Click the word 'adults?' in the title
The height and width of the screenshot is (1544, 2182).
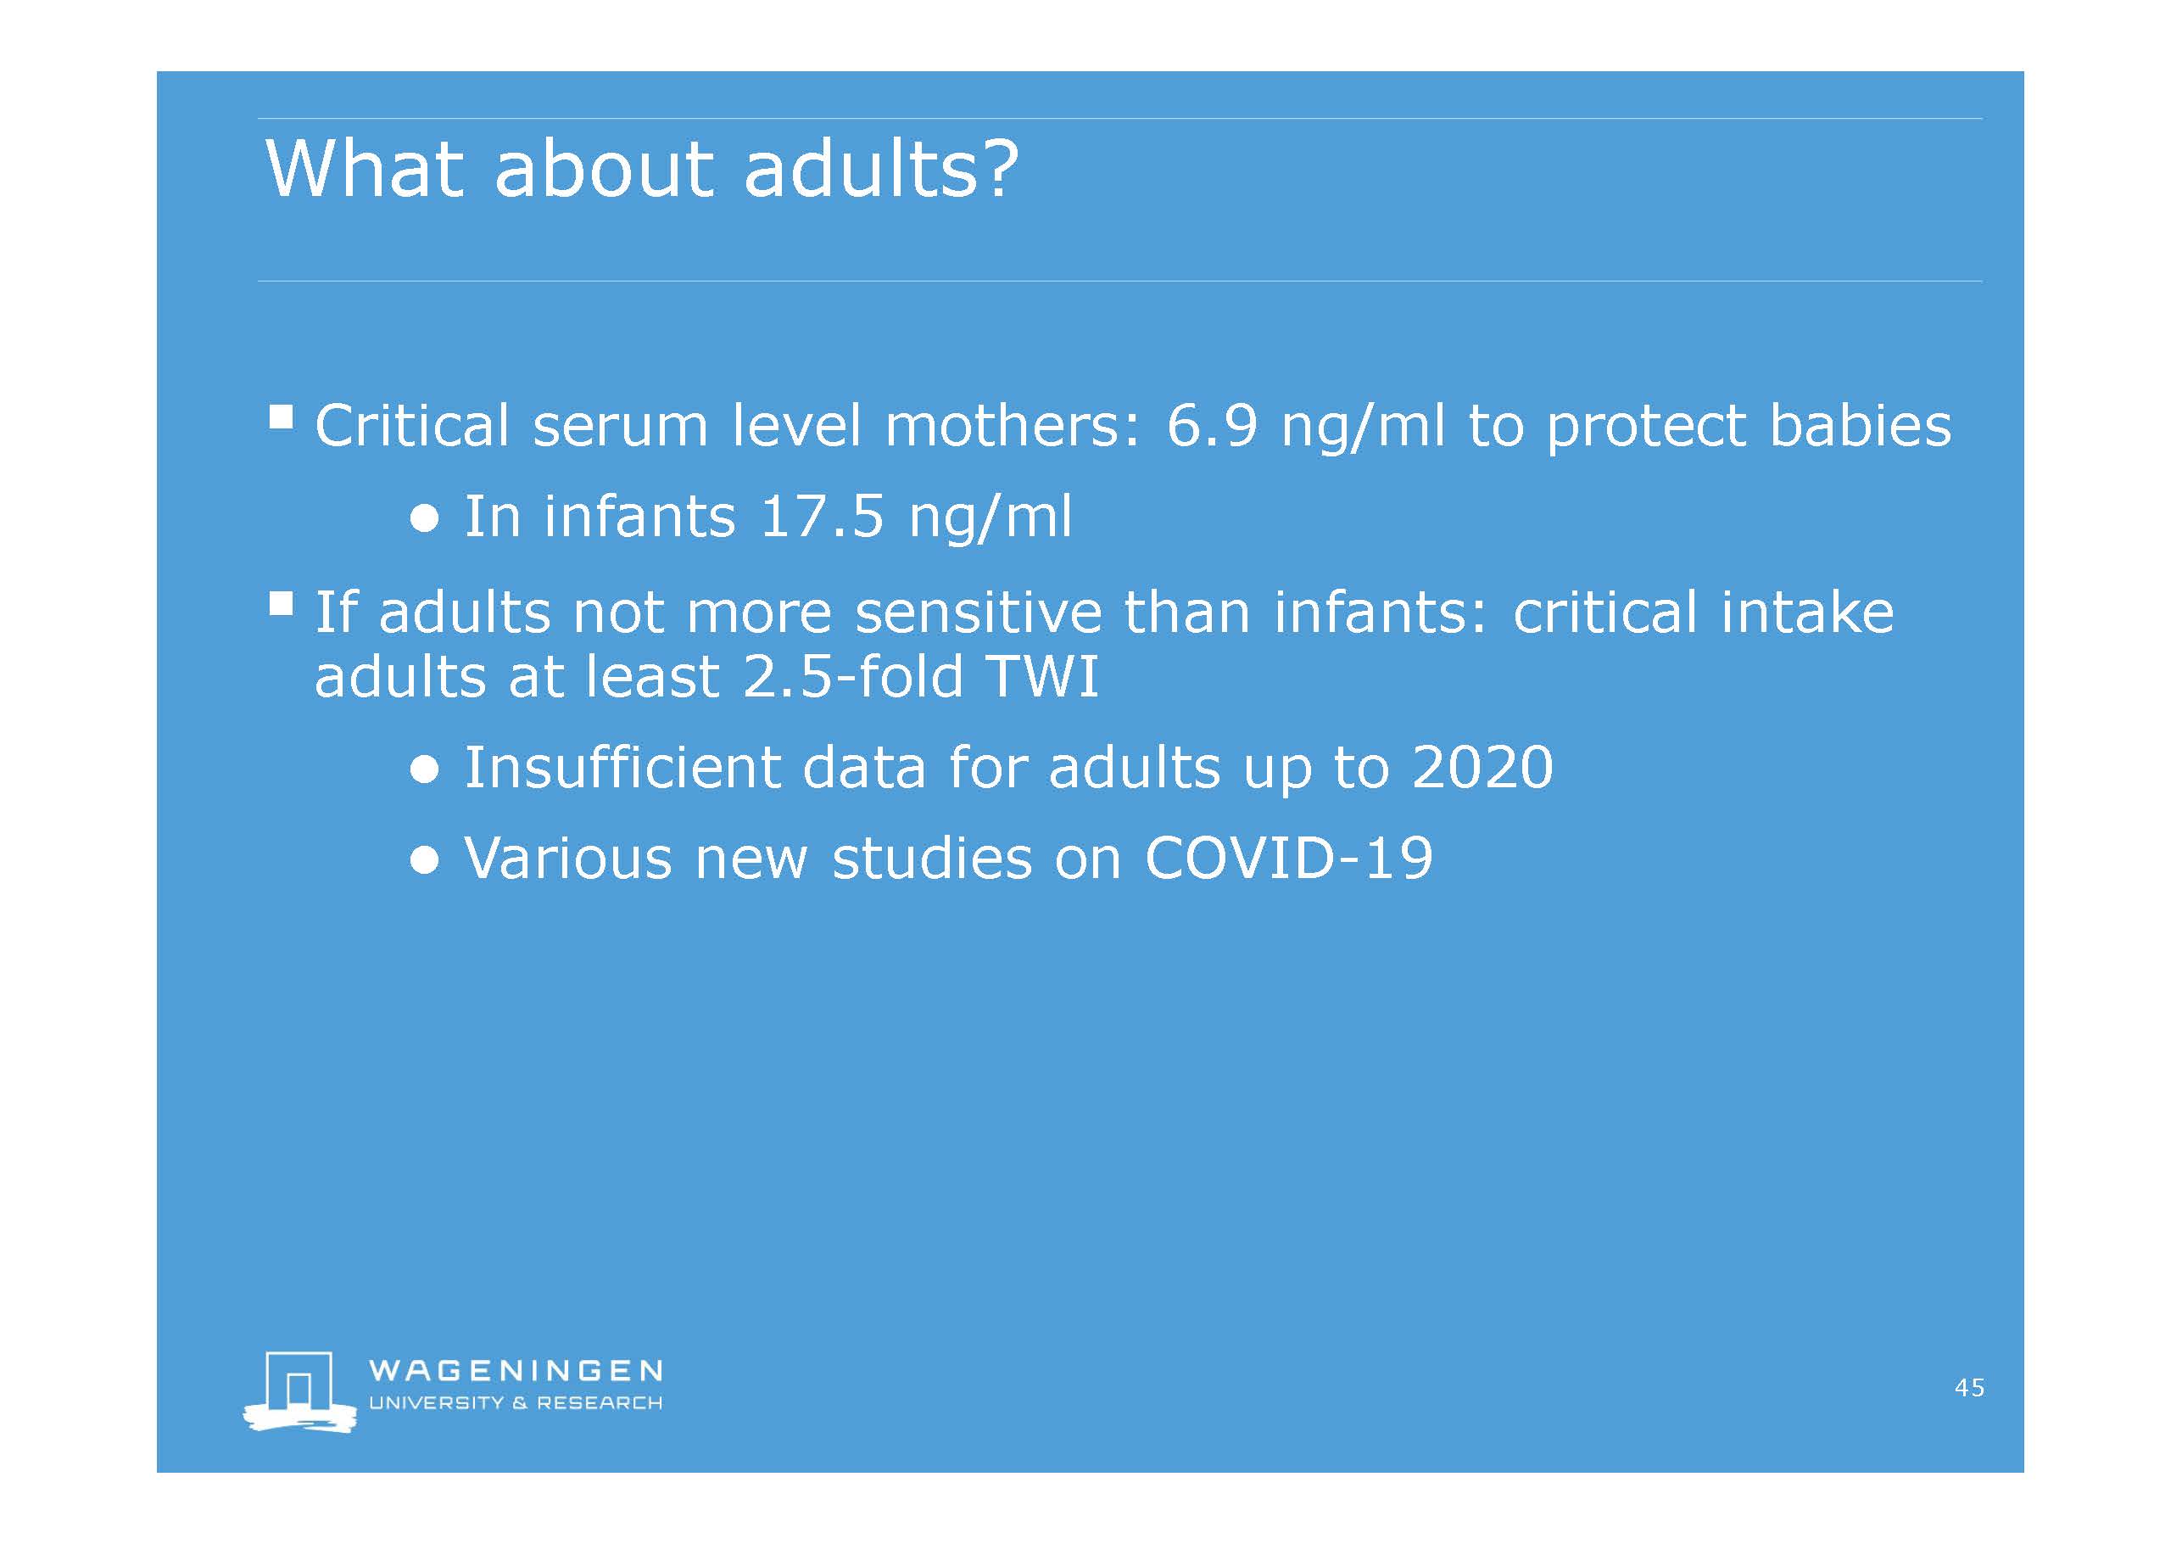(881, 168)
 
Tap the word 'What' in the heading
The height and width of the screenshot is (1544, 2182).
(365, 168)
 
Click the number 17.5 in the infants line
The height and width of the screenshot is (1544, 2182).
(823, 517)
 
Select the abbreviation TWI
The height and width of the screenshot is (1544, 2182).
(1043, 676)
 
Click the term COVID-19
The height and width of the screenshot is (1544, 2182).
(1289, 859)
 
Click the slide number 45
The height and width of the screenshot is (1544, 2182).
(1969, 1387)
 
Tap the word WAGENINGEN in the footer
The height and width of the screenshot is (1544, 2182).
(515, 1370)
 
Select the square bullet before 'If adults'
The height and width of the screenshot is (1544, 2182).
(281, 603)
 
